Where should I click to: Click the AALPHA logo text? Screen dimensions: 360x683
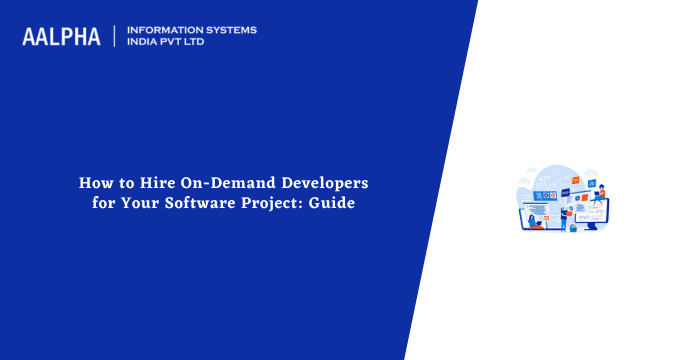(x=61, y=36)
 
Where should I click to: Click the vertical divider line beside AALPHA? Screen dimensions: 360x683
(x=115, y=36)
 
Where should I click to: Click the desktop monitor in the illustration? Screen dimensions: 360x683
(x=592, y=213)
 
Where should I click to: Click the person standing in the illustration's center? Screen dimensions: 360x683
(x=564, y=217)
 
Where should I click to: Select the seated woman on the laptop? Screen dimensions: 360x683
(x=532, y=221)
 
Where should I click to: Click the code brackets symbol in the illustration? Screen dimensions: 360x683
(x=544, y=178)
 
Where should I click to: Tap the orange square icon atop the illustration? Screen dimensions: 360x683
(x=575, y=180)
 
